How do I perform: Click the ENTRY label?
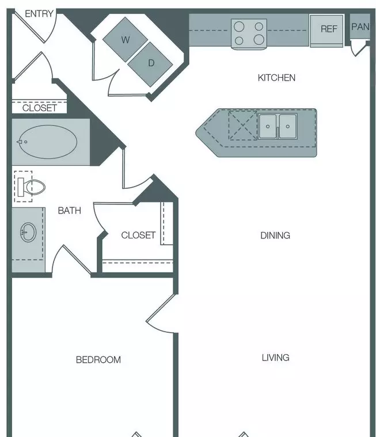39,14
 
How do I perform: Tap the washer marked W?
125,40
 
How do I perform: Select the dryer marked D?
150,64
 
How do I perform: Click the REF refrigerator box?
326,31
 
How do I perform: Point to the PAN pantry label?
360,26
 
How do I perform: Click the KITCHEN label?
276,78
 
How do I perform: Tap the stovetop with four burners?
249,34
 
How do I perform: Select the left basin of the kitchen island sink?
268,126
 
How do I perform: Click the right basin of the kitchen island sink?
288,126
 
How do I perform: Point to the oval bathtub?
48,142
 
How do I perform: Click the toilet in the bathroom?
31,187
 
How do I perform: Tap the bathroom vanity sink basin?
28,232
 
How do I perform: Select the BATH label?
70,210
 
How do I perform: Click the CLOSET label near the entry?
40,108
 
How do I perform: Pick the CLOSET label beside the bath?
138,235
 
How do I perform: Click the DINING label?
275,235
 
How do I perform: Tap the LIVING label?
275,358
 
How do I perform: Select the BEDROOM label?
98,360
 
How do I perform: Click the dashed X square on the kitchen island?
243,125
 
